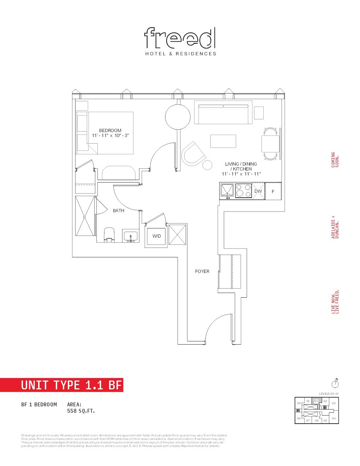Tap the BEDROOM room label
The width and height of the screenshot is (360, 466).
point(110,131)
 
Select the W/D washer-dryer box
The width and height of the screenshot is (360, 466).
point(156,236)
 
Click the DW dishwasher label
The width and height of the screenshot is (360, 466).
point(258,191)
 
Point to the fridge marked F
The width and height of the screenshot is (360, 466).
point(273,191)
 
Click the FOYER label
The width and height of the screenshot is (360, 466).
point(202,271)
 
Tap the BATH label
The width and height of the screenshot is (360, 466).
point(119,211)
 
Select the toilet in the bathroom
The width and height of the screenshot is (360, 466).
point(109,235)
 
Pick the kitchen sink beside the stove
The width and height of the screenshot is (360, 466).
point(227,191)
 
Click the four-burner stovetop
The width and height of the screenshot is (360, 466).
point(243,191)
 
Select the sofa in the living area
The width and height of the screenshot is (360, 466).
point(223,113)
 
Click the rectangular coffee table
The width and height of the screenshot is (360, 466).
point(223,141)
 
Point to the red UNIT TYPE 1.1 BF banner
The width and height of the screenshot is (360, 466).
point(62,385)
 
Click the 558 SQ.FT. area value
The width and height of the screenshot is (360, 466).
point(81,411)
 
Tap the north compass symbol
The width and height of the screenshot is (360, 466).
point(335,383)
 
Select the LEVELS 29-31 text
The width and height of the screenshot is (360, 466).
point(329,394)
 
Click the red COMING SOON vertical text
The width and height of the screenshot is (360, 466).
point(335,160)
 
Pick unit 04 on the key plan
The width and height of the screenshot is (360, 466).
point(334,419)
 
